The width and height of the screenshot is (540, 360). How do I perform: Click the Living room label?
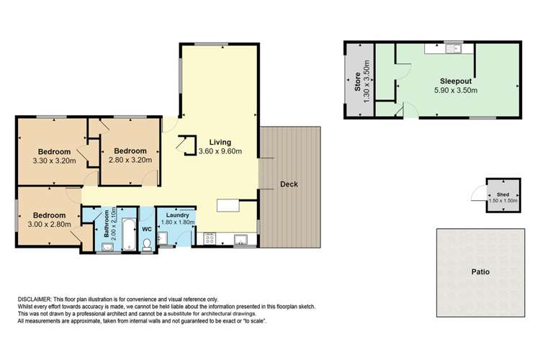coord(220,141)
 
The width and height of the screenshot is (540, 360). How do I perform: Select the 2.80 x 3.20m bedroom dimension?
coord(130,160)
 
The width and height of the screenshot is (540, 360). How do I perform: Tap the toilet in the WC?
coord(147,245)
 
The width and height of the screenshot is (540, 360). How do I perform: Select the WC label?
coord(147,229)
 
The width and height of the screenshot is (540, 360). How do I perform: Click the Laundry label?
coord(176,215)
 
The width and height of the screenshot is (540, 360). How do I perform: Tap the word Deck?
coord(289,184)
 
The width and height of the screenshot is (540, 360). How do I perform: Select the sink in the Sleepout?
coord(453,49)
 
